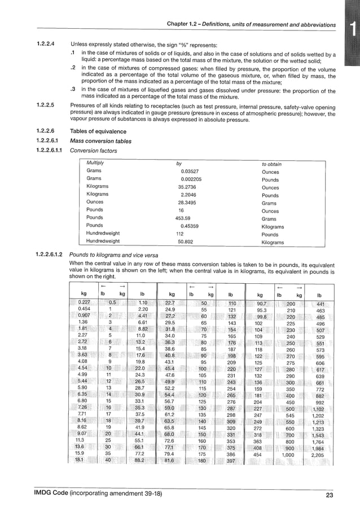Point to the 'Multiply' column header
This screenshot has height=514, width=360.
click(x=95, y=164)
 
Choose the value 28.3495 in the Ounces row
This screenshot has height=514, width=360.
click(x=187, y=201)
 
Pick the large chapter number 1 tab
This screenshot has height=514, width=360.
click(x=352, y=28)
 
